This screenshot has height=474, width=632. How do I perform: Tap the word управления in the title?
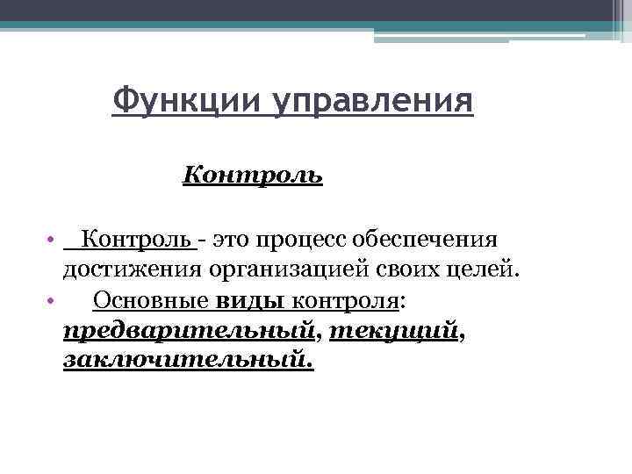pyautogui.click(x=371, y=102)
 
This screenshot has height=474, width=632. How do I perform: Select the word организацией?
pyautogui.click(x=284, y=269)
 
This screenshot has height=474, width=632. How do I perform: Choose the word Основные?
pyautogui.click(x=149, y=300)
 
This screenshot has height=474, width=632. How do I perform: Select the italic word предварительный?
pyautogui.click(x=190, y=331)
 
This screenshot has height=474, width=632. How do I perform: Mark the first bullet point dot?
pyautogui.click(x=53, y=240)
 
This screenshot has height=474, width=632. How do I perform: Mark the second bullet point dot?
pyautogui.click(x=53, y=301)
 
